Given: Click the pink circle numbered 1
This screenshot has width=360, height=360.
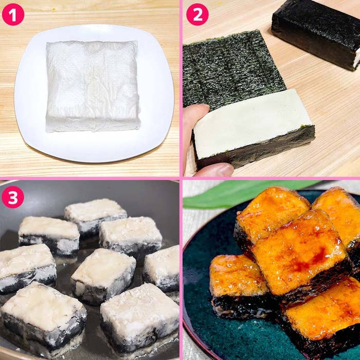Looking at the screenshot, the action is coord(13,14).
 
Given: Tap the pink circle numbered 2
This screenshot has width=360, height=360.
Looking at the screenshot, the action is coord(197,14).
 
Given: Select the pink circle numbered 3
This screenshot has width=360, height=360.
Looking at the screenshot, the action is coord(13,197).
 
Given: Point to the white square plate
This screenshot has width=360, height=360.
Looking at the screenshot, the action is coord(94,93).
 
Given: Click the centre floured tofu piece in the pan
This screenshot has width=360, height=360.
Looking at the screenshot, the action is coord(103,276).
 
